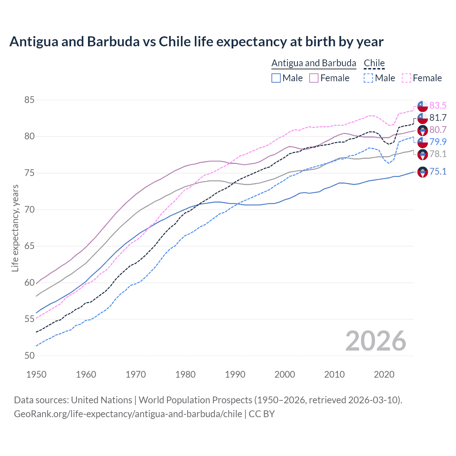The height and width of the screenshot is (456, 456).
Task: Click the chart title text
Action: click(x=196, y=42)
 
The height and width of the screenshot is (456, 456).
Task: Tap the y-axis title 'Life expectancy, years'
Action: click(x=15, y=228)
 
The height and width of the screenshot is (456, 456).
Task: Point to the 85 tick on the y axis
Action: click(x=29, y=100)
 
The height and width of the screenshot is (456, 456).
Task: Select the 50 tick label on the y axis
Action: click(x=29, y=356)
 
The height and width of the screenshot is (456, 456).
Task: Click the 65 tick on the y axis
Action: click(x=29, y=246)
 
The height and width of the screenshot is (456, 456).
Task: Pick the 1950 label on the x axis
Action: click(x=36, y=374)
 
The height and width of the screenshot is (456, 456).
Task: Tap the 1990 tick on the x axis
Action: click(x=235, y=374)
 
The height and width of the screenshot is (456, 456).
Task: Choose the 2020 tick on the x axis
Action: click(x=384, y=374)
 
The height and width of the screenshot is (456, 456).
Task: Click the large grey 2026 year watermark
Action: click(x=375, y=341)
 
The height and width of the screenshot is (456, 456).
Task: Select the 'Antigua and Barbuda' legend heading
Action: click(x=313, y=63)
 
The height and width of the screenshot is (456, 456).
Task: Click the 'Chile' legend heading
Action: click(x=374, y=63)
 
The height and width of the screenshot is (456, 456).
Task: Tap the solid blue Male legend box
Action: click(x=276, y=78)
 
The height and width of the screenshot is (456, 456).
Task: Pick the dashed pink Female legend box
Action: click(x=406, y=78)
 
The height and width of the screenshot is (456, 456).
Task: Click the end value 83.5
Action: click(x=438, y=106)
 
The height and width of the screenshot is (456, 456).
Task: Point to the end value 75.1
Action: click(x=438, y=172)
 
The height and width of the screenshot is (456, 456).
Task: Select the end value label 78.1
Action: click(x=438, y=154)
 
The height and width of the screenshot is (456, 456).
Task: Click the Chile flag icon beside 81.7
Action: click(x=423, y=118)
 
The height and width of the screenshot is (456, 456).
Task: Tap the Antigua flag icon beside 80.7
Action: click(x=423, y=130)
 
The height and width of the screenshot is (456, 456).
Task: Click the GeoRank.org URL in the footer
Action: click(x=128, y=414)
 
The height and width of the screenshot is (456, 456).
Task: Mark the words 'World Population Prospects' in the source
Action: click(x=195, y=400)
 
